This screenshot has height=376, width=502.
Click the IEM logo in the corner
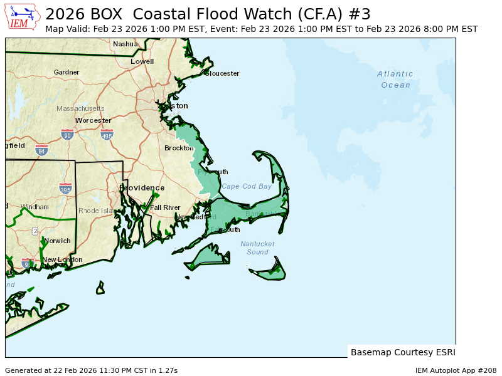(x=23, y=16)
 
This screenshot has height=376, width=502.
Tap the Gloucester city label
(x=222, y=73)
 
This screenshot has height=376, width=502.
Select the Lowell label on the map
(x=142, y=61)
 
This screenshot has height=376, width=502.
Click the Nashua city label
(x=125, y=44)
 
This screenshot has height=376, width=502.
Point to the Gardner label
(x=67, y=72)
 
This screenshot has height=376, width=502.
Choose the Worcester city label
(x=93, y=120)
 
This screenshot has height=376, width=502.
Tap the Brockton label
(x=179, y=148)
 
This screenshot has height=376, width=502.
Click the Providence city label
(x=142, y=188)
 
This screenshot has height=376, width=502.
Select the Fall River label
(x=165, y=207)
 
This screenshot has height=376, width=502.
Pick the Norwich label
(x=57, y=241)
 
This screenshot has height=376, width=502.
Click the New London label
(x=62, y=259)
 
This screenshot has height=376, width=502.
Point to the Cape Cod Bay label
(x=247, y=186)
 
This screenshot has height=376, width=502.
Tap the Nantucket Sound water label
(x=257, y=248)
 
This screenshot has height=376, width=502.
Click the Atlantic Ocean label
(x=395, y=80)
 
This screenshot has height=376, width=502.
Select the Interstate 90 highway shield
(x=67, y=134)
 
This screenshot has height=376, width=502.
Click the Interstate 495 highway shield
(x=107, y=134)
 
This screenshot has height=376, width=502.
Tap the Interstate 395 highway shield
(x=65, y=188)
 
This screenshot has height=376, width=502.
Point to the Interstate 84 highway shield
(x=41, y=150)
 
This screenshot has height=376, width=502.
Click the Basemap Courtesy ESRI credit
(x=403, y=352)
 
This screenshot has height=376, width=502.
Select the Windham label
(x=35, y=207)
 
